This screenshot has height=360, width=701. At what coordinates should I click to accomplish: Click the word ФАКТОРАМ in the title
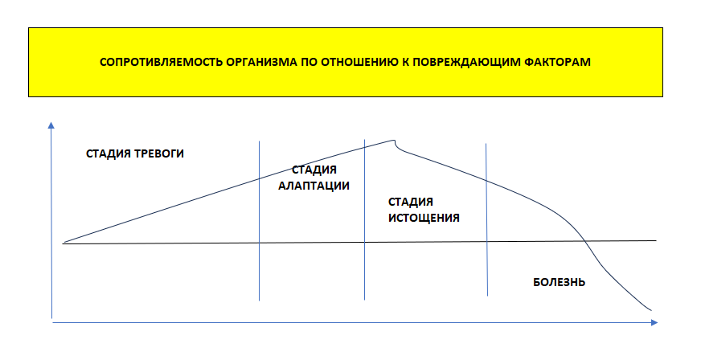(556, 62)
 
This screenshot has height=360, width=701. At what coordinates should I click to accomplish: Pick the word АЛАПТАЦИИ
(314, 185)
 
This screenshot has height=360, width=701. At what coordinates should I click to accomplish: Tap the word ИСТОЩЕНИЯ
(424, 217)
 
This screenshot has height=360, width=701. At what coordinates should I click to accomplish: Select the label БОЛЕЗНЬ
(559, 282)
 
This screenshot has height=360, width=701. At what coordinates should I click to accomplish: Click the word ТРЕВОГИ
(159, 153)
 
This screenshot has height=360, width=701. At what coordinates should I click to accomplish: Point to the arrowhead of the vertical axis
(51, 125)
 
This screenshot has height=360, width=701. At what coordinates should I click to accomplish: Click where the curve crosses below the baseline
(585, 241)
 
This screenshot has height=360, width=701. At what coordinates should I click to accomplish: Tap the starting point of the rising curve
(63, 242)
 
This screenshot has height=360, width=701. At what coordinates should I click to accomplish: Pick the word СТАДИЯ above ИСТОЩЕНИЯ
(411, 202)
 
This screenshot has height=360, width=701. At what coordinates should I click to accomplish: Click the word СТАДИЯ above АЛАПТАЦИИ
(314, 170)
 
